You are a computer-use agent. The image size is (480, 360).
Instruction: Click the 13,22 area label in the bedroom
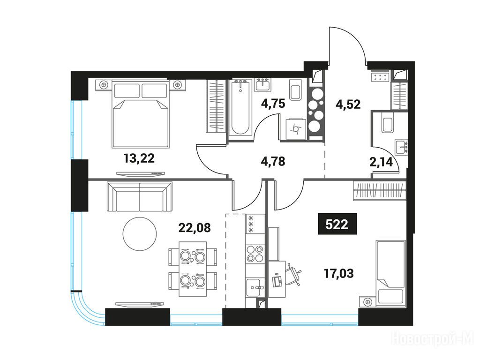pos(139,158)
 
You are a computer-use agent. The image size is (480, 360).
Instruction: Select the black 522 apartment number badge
pos(337,224)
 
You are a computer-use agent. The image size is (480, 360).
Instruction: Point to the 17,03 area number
pos(338,273)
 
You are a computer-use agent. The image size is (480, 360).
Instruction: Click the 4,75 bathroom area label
pos(273,104)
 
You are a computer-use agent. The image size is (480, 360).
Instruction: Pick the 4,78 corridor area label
pos(273,161)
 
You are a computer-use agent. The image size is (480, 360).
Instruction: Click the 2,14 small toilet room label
pos(381,162)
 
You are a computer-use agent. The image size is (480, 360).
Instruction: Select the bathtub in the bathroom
pos(240,108)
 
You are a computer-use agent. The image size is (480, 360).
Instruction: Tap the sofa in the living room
pos(140,196)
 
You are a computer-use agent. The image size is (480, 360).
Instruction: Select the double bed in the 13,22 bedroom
pos(141,113)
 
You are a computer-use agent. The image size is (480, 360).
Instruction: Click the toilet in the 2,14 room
pos(388,123)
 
